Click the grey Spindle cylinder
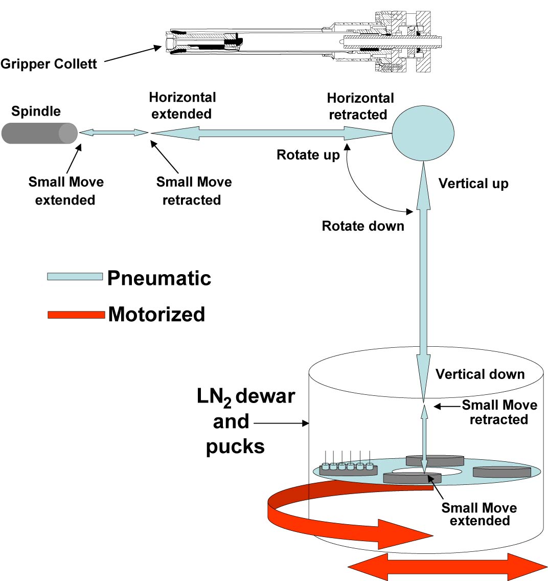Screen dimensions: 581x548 [39, 133]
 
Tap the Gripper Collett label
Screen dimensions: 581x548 [49, 64]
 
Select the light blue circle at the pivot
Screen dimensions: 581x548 [423, 133]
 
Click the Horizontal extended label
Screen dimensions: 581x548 [182, 105]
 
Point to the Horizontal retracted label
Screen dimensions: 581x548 [360, 106]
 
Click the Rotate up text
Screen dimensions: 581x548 [308, 155]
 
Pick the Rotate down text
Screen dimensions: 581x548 [362, 226]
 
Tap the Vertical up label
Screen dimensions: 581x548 [473, 184]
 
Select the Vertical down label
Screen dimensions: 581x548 [479, 374]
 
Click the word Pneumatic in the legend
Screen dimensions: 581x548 [159, 278]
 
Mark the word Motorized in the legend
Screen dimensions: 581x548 [156, 314]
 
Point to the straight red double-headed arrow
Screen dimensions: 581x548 [447, 567]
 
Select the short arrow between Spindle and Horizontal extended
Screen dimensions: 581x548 [113, 133]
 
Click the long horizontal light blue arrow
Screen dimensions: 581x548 [271, 133]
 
